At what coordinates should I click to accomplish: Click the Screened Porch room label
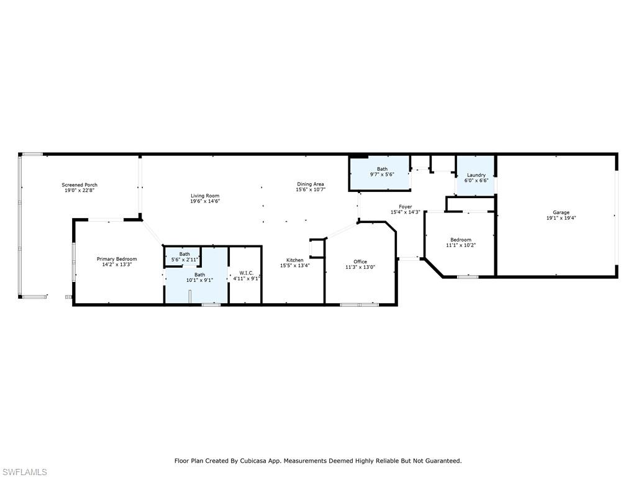coord(79,185)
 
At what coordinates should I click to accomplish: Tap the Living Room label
coord(205,196)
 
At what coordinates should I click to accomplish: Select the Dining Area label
coord(311,184)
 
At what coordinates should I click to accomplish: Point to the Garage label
coord(561,212)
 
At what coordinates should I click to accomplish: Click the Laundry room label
coord(476,175)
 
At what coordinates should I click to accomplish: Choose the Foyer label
coord(405,207)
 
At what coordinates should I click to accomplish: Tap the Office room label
coord(360,261)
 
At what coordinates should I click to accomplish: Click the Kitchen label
coord(295,260)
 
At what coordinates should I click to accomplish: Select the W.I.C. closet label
coord(246,273)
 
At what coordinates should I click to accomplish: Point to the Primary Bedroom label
coord(117,259)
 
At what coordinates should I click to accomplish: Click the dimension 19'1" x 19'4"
coord(561,218)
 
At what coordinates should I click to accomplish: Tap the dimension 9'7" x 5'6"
coord(382,175)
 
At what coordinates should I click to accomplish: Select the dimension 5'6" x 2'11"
coord(184,260)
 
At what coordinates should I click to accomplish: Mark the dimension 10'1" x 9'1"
coord(199,280)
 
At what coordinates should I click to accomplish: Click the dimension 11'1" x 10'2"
coord(461,245)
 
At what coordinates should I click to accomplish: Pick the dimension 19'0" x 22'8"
coord(79,190)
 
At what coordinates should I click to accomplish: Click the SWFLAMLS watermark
coord(24,472)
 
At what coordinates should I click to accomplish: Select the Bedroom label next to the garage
coord(461,240)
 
